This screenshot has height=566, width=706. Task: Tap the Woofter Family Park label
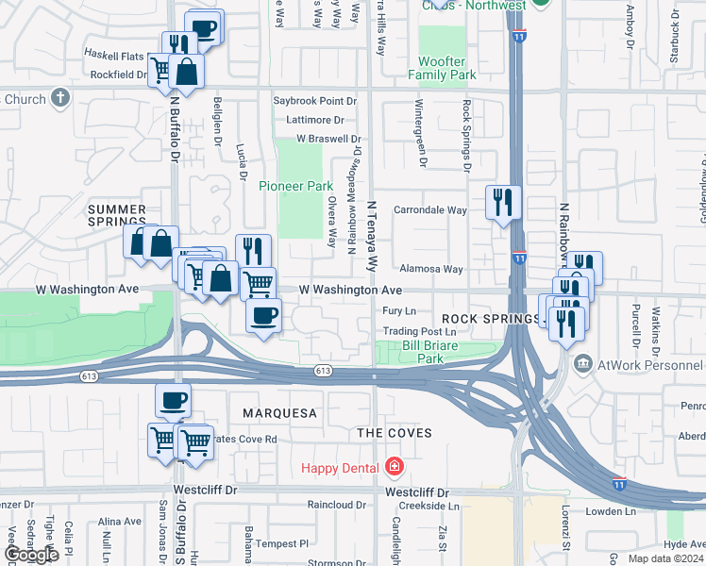[443, 67]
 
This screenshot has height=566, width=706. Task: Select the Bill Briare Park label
[430, 352]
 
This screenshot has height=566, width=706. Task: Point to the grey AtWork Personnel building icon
[583, 363]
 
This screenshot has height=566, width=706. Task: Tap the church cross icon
[60, 97]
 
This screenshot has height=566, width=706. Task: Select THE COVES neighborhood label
[394, 433]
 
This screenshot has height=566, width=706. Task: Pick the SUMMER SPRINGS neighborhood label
[117, 216]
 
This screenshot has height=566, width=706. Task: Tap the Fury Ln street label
[399, 310]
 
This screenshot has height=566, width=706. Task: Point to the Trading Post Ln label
[419, 331]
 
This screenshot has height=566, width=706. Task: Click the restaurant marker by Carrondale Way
[502, 201]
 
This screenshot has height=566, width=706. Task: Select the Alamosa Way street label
[430, 269]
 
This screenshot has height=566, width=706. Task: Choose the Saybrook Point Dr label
[315, 100]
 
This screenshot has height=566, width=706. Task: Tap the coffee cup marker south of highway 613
[173, 400]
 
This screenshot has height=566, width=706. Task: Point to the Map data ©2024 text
[666, 558]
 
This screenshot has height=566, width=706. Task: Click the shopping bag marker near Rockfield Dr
[187, 72]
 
